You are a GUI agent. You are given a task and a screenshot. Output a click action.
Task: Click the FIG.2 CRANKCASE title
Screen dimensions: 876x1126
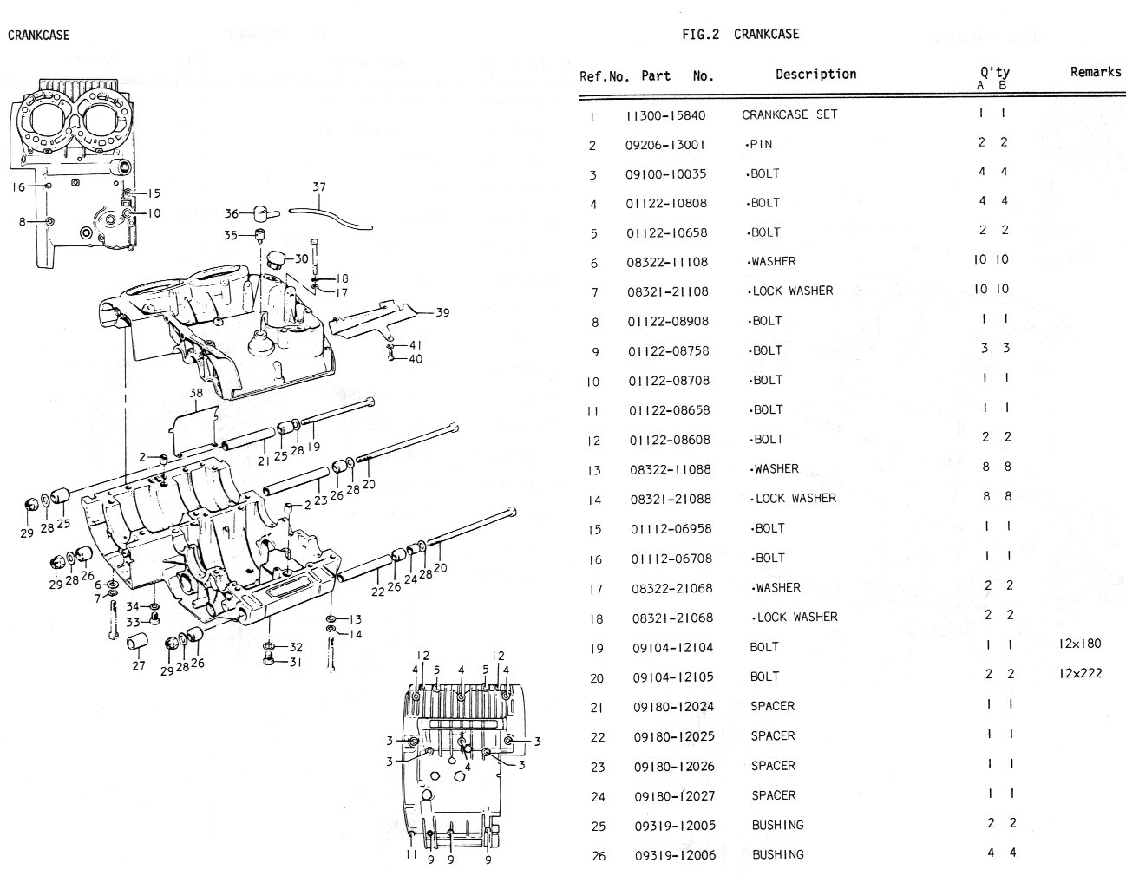tap(740, 35)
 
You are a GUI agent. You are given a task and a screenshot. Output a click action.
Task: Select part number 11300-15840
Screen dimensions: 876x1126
tap(665, 114)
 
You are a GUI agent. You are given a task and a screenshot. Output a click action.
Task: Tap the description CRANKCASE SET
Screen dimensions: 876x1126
tap(789, 114)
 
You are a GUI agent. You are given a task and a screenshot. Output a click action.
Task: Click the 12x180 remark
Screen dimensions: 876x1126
tap(1079, 644)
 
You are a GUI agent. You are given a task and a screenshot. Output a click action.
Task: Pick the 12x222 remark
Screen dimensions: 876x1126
tap(1080, 674)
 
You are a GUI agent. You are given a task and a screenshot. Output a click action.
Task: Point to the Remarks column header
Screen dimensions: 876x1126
tap(1095, 72)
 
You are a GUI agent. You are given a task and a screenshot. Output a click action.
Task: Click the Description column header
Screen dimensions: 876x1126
tap(815, 75)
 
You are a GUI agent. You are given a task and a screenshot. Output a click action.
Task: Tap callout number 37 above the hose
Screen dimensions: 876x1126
tap(319, 187)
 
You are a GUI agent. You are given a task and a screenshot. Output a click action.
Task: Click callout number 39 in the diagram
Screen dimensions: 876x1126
tap(442, 312)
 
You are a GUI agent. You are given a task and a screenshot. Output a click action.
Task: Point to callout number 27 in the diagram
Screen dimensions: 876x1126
tap(138, 666)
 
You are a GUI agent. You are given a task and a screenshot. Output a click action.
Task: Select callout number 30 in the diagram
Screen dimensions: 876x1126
tap(301, 258)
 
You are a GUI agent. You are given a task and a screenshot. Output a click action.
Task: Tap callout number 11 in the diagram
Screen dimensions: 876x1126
tap(412, 854)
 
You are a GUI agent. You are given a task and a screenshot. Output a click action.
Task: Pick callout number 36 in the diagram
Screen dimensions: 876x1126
tap(232, 213)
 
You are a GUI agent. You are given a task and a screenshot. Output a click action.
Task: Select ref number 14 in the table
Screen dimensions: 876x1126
tap(595, 500)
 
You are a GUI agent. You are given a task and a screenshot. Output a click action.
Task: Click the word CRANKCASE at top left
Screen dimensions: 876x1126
tap(38, 36)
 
